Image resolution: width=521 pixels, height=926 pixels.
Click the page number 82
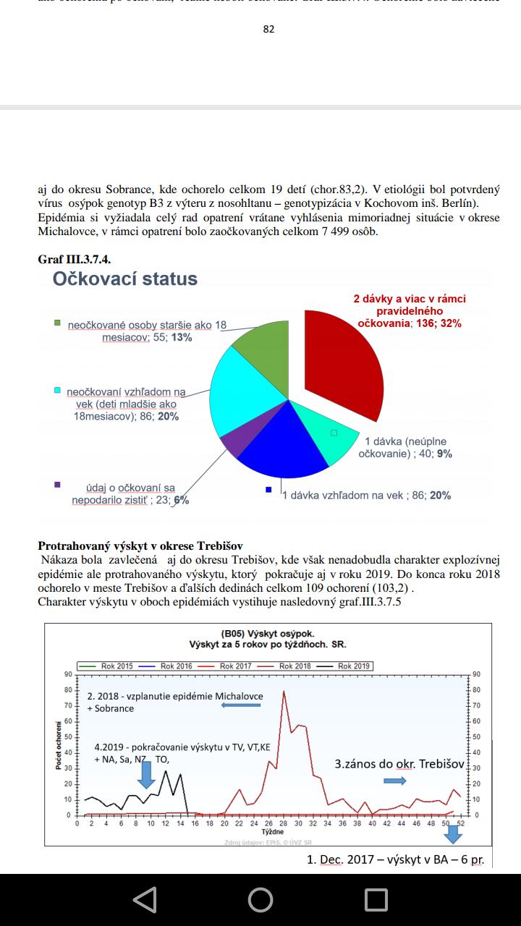[268, 30]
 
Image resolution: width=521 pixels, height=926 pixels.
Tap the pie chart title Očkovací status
[124, 279]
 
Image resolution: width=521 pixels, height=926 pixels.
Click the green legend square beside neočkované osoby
[57, 323]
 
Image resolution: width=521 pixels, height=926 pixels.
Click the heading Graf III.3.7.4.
[74, 258]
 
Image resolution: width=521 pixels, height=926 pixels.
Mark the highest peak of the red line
[284, 692]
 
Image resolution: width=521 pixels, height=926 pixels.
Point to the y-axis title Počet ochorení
[59, 745]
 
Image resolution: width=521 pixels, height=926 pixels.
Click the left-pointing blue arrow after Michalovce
[241, 705]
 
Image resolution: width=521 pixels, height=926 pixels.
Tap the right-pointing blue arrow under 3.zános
[395, 780]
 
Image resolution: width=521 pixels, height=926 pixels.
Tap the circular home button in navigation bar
[260, 899]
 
